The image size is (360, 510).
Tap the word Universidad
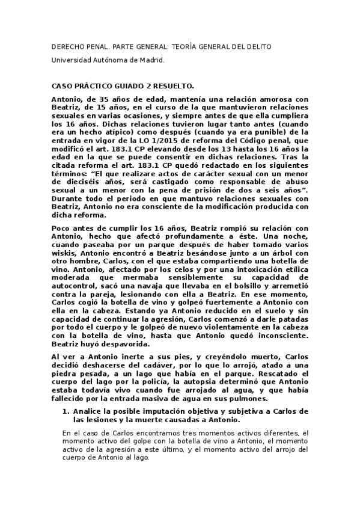tap(72, 61)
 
